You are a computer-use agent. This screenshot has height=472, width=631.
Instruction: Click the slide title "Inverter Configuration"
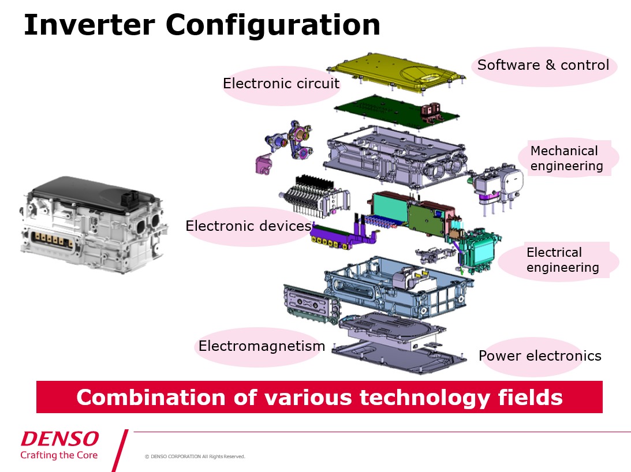pyautogui.click(x=202, y=25)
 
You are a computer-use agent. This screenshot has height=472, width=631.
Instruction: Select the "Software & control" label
pyautogui.click(x=543, y=65)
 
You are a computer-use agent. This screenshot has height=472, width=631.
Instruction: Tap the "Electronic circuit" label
pyautogui.click(x=281, y=84)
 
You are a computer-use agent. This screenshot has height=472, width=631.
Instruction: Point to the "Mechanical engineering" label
pyautogui.click(x=566, y=159)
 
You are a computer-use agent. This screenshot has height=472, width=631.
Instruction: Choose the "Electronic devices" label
pyautogui.click(x=248, y=226)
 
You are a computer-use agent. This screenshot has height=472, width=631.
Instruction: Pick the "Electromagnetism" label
pyautogui.click(x=262, y=346)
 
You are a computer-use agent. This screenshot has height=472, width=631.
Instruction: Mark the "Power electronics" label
pyautogui.click(x=540, y=356)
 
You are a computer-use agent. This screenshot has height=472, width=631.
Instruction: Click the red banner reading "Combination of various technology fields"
pyautogui.click(x=319, y=397)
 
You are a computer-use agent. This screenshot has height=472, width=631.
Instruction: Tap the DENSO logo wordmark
pyautogui.click(x=60, y=439)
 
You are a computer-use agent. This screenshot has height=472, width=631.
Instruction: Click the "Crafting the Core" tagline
pyautogui.click(x=59, y=455)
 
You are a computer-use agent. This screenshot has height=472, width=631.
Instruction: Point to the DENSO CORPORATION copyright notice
pyautogui.click(x=195, y=456)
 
